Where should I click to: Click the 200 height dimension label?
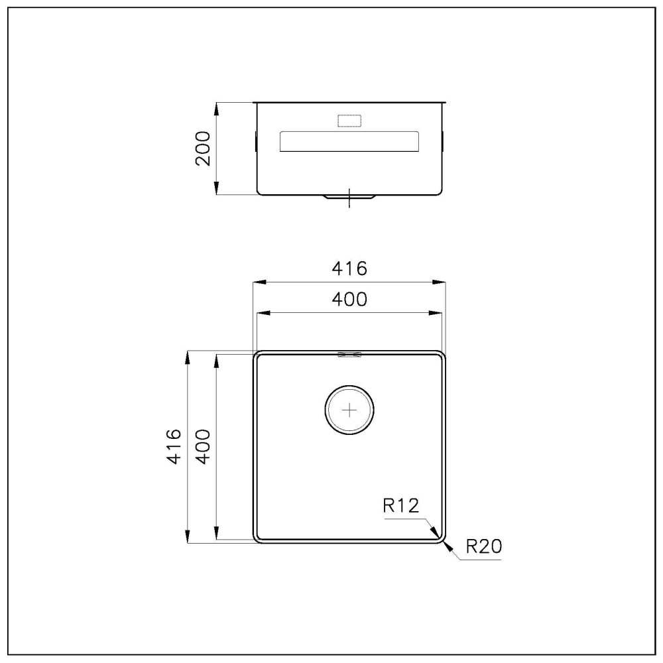(x=204, y=149)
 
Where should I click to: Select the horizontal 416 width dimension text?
(x=349, y=269)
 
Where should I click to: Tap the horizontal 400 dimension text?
(x=349, y=300)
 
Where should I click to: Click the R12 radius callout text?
(x=401, y=507)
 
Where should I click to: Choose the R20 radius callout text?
(x=483, y=546)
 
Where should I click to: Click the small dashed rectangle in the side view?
(x=349, y=121)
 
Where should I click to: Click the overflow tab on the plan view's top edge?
(x=349, y=354)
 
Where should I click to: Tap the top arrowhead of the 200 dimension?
(x=217, y=107)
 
